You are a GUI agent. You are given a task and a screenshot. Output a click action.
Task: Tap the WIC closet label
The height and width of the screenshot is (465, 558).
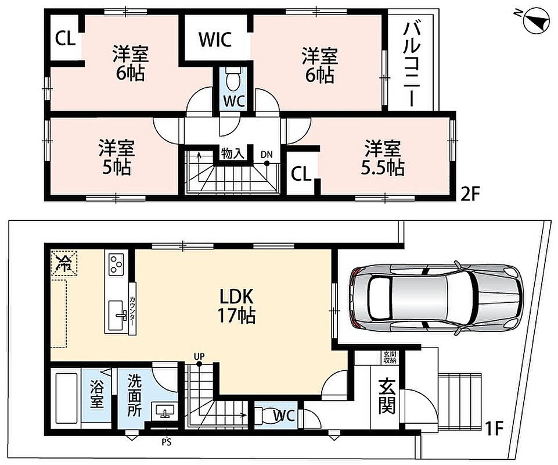[x=215, y=39]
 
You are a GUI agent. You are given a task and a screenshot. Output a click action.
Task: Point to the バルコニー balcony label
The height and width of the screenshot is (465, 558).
[x=412, y=65]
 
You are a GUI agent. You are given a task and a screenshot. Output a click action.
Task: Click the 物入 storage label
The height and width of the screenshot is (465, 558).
[x=232, y=153]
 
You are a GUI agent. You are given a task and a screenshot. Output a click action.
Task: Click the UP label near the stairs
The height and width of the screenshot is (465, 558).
[x=199, y=356]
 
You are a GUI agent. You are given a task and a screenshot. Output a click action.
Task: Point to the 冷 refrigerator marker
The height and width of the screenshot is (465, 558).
[x=64, y=263]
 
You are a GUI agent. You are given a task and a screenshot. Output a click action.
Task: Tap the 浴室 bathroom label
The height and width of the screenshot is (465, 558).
[x=96, y=394]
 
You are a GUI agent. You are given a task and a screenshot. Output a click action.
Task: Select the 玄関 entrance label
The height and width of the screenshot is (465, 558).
[x=387, y=396]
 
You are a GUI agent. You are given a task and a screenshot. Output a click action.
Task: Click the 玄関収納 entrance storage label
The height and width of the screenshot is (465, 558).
[x=389, y=357]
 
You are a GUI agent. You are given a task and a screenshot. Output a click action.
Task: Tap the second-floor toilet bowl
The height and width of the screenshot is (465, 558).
[x=233, y=81]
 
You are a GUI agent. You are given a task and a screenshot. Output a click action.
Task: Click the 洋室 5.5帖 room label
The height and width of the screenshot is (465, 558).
[x=383, y=158]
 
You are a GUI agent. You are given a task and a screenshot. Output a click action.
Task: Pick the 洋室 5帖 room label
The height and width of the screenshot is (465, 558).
[x=117, y=158]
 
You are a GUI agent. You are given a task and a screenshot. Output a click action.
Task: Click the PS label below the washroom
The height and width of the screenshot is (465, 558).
[x=167, y=442]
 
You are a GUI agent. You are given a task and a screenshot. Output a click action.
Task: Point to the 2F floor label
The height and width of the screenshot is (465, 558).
[x=470, y=195]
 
